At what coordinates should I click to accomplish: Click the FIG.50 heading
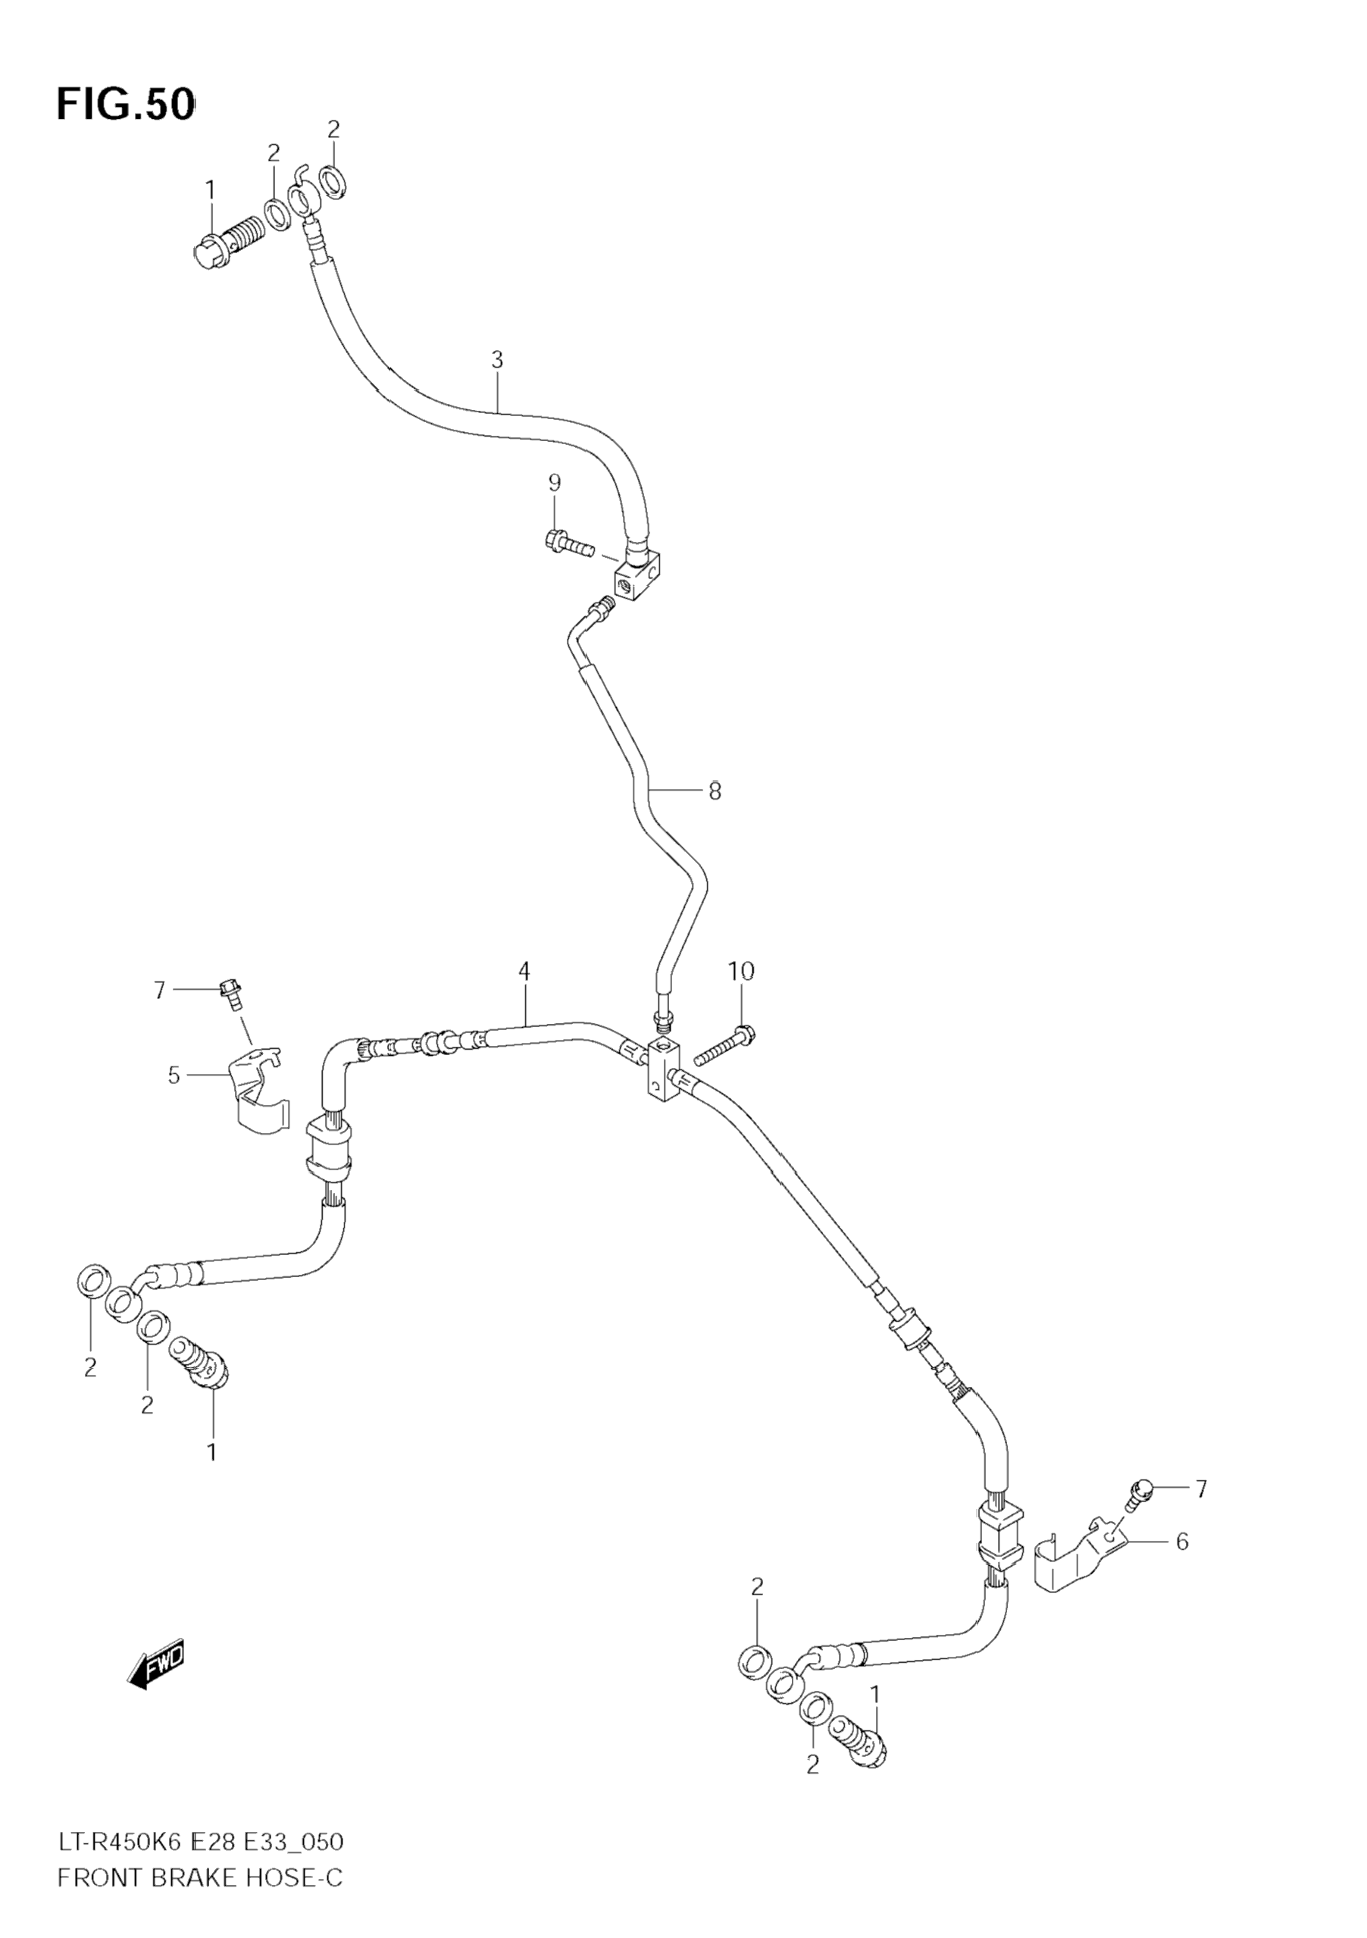pyautogui.click(x=126, y=105)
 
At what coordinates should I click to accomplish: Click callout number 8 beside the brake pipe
pyautogui.click(x=715, y=791)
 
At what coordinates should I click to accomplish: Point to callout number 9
pyautogui.click(x=555, y=483)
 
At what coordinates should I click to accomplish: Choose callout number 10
pyautogui.click(x=741, y=972)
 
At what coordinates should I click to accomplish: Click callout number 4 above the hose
pyautogui.click(x=524, y=972)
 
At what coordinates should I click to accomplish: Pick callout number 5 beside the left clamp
pyautogui.click(x=174, y=1075)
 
